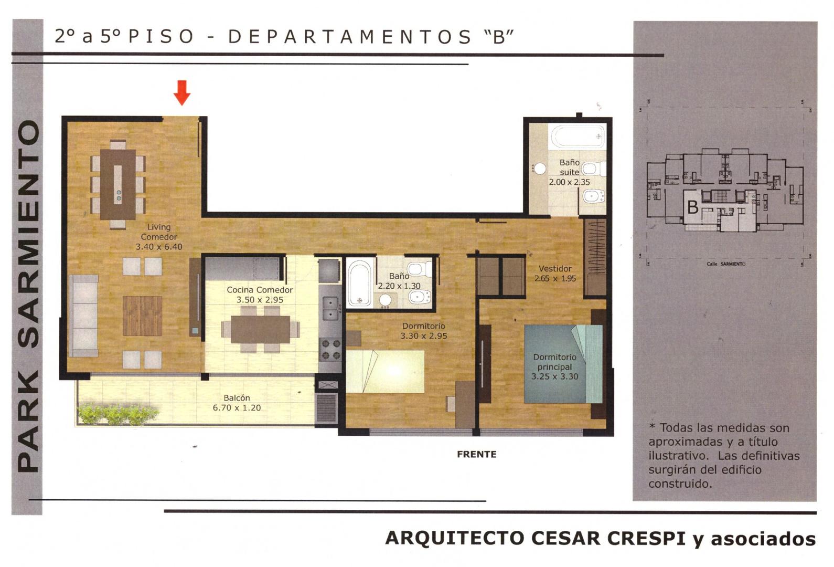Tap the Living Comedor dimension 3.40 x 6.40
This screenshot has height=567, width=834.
click(x=159, y=247)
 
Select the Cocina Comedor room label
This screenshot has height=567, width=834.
click(x=260, y=290)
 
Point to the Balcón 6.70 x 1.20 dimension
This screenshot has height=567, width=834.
click(x=237, y=408)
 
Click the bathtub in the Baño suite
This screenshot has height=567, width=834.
click(x=578, y=136)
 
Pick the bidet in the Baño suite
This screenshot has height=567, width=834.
click(x=593, y=196)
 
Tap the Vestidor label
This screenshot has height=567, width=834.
click(x=555, y=268)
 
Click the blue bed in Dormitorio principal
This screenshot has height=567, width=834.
click(x=563, y=364)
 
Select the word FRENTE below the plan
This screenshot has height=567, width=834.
click(x=477, y=454)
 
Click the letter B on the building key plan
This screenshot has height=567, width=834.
click(x=692, y=207)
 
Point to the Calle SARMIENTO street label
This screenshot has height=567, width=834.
click(x=726, y=264)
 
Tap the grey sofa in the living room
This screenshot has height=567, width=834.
click(x=84, y=316)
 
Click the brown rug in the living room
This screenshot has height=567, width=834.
click(x=142, y=316)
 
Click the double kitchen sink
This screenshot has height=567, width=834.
click(x=330, y=308)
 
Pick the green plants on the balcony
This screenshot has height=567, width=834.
click(x=118, y=414)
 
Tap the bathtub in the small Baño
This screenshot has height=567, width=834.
click(x=359, y=283)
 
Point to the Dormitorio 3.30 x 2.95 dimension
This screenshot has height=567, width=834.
click(x=424, y=336)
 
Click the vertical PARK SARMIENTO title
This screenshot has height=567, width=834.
click(x=28, y=297)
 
